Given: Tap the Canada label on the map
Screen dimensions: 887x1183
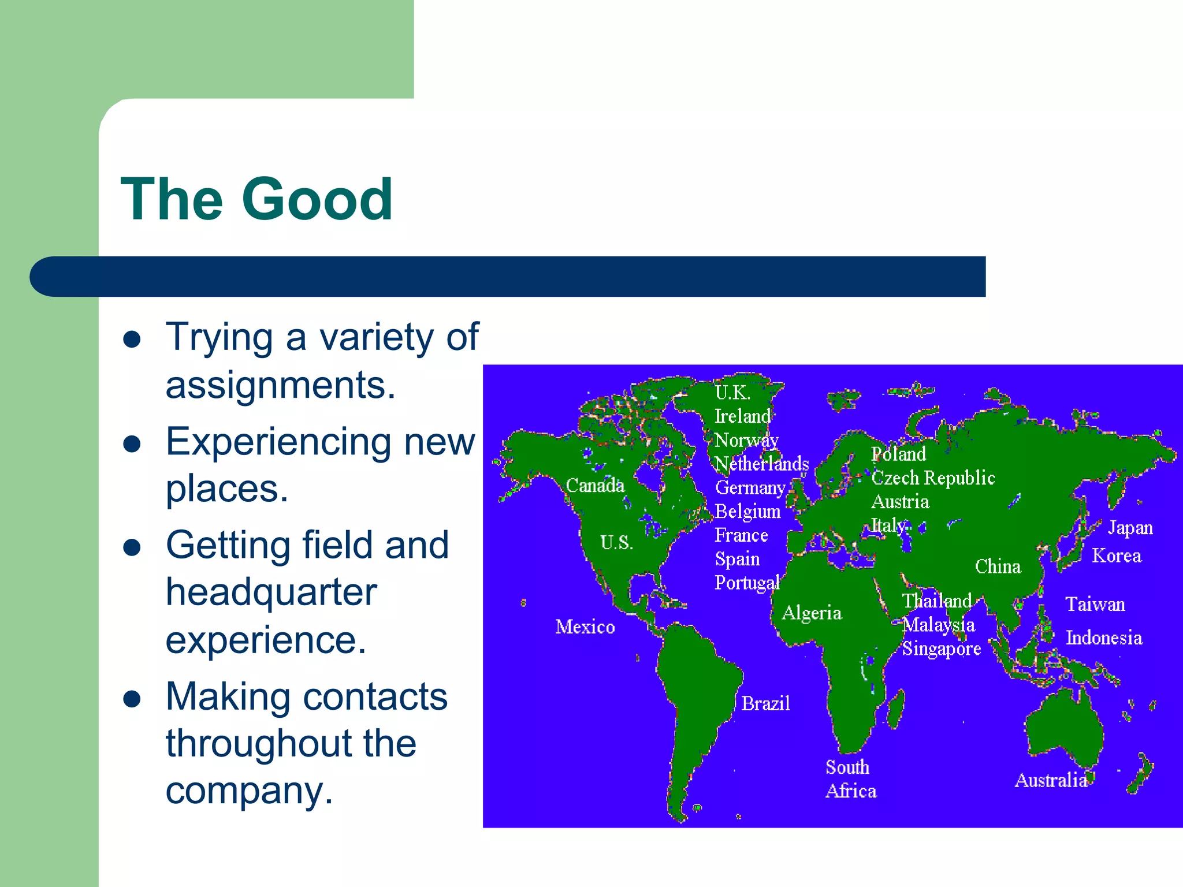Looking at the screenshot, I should [595, 486].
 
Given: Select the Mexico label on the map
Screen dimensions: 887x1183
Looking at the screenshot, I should [585, 627].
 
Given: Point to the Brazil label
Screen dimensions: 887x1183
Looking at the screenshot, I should [765, 703].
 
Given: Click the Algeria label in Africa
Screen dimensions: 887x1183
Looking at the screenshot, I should [812, 613].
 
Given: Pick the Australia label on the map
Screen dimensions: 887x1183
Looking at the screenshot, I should [1051, 780].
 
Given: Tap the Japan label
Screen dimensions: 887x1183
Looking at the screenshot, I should [1130, 528].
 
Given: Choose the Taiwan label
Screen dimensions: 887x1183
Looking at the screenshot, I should [1095, 605].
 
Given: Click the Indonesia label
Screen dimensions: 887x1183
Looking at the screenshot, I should [1104, 638].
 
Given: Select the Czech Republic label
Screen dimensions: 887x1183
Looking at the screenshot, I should [933, 478].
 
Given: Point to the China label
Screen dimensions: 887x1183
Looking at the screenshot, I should [998, 567].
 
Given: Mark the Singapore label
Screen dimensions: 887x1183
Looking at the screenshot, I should [942, 649].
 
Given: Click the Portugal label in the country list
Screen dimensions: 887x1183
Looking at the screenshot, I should [747, 583].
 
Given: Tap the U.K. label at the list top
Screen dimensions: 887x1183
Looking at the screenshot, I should [732, 393].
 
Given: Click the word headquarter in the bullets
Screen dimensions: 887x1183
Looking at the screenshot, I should [271, 592].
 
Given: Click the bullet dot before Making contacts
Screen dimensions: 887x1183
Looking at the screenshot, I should [132, 699].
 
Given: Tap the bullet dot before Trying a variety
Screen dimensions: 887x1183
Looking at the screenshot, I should [132, 339].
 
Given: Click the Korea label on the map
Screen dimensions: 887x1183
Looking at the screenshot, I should [1117, 556].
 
